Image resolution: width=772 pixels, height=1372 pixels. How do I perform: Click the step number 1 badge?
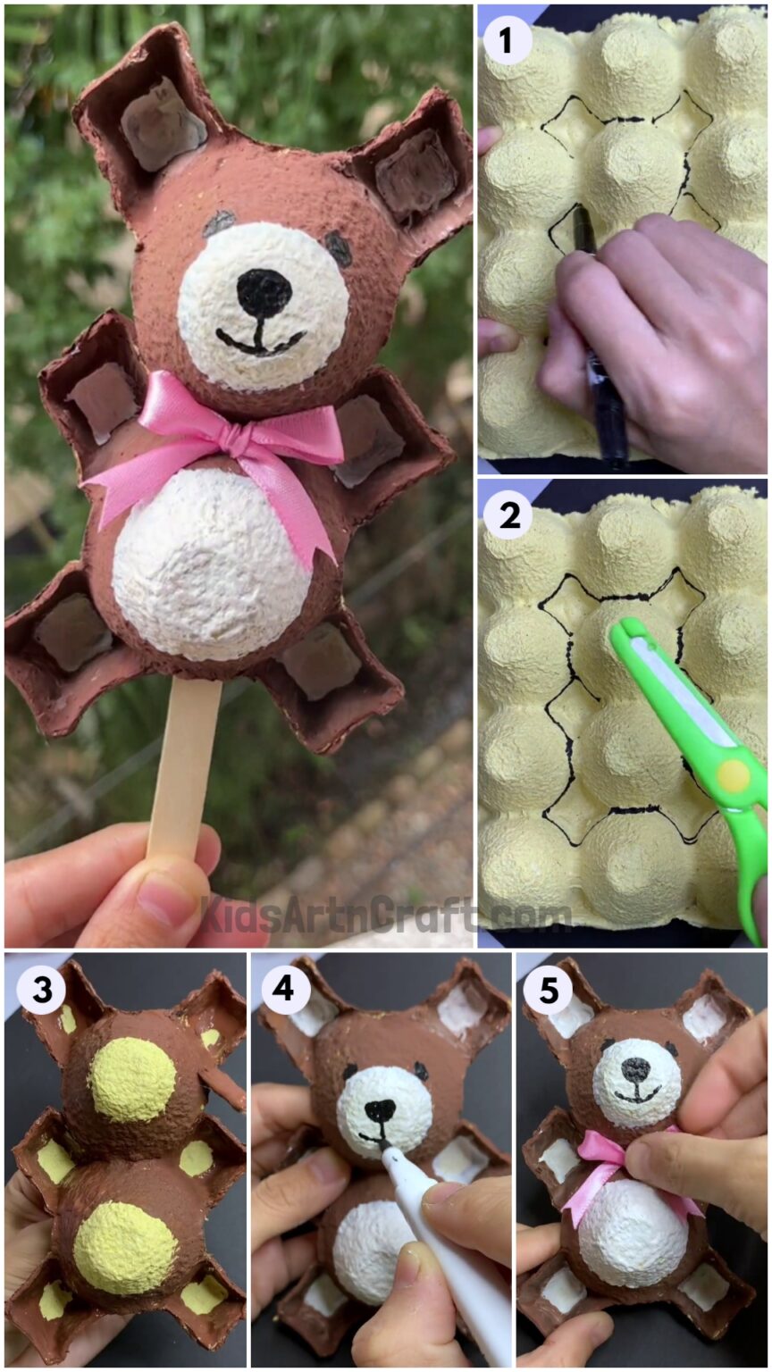click(508, 40)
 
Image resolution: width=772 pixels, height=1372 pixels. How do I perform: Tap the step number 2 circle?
click(508, 515)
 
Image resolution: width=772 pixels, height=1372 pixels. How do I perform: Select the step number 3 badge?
click(41, 990)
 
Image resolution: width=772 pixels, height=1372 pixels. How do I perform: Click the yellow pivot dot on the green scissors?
click(734, 777)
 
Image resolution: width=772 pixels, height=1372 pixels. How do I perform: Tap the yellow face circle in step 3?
click(131, 1079)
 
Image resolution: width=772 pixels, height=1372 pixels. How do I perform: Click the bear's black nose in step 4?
click(380, 1111)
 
